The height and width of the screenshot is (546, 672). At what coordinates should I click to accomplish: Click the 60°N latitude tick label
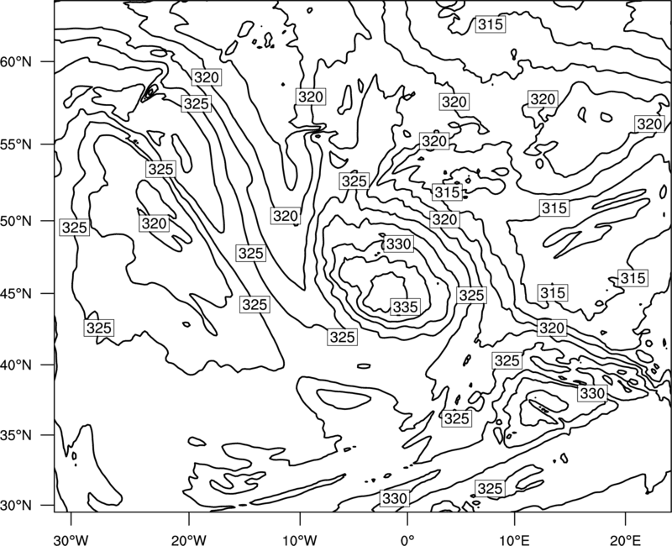tap(16, 62)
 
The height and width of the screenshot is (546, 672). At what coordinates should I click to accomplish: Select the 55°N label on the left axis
tap(16, 144)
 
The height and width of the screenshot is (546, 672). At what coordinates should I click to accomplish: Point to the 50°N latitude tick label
tap(16, 222)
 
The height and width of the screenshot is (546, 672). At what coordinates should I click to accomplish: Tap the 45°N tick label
tap(16, 294)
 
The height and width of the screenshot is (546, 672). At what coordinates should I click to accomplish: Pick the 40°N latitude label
tap(16, 365)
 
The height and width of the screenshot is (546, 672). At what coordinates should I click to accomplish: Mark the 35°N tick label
tap(16, 435)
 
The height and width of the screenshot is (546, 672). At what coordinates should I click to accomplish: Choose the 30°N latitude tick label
tap(16, 506)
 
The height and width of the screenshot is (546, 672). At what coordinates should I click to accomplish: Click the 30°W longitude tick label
tap(71, 540)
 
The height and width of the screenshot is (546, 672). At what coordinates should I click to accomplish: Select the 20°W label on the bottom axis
tap(188, 540)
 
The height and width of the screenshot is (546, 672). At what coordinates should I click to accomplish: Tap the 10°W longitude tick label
tap(300, 540)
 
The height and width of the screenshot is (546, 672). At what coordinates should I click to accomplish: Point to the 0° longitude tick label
tap(407, 540)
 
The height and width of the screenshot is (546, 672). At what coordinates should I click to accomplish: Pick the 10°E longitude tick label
tap(514, 540)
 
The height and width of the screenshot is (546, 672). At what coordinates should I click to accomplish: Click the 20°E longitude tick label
tap(625, 540)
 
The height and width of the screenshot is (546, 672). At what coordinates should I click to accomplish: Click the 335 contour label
tap(405, 307)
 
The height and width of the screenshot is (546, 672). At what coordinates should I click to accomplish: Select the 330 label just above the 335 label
tap(398, 244)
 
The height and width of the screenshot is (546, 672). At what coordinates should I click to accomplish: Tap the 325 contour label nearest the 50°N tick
tap(75, 228)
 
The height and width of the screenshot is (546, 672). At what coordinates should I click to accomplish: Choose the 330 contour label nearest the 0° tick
tap(394, 498)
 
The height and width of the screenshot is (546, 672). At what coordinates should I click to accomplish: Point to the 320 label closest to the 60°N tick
tap(207, 77)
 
